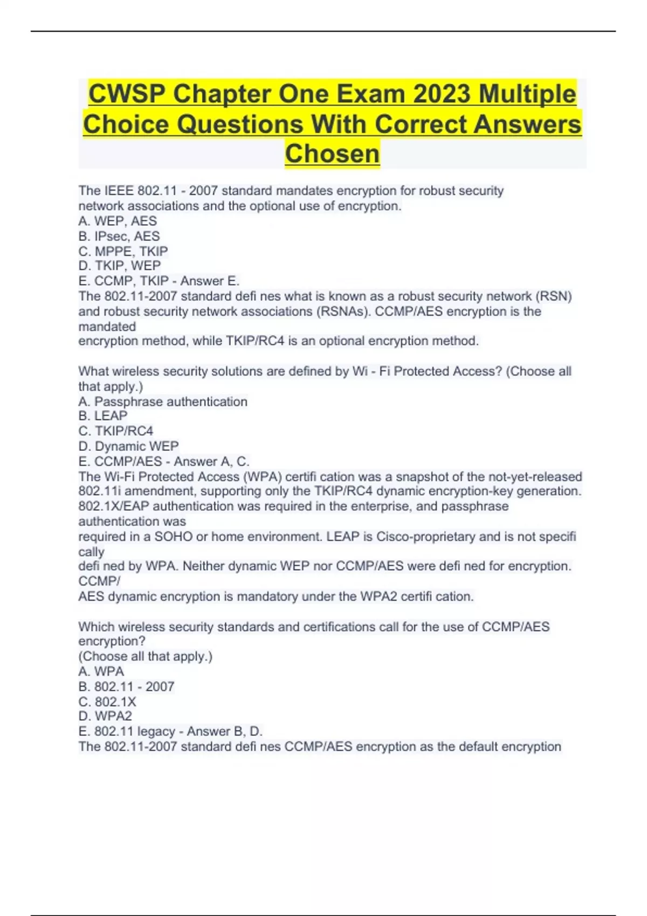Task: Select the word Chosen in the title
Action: [332, 154]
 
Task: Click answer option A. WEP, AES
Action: [118, 221]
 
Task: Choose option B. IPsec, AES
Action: [119, 236]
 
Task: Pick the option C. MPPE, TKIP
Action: [123, 251]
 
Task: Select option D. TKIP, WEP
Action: [120, 266]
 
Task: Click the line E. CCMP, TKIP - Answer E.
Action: [159, 281]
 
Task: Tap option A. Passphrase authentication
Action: [163, 401]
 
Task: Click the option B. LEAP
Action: [103, 416]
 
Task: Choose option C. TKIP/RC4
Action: [116, 431]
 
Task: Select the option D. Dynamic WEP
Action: [128, 446]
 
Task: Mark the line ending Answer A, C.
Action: [164, 461]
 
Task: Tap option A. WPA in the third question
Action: [101, 671]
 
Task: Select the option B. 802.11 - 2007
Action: [126, 686]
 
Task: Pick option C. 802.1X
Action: [107, 702]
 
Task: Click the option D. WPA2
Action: [105, 716]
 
